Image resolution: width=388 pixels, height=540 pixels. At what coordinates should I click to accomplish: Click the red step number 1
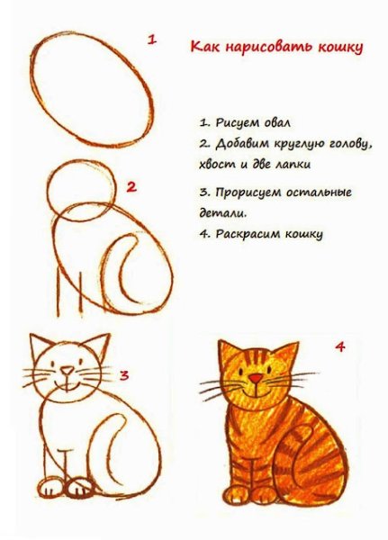coord(153,40)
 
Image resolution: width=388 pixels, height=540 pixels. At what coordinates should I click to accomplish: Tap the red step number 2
coord(131,187)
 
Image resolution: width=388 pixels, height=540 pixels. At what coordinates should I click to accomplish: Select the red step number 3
coord(125,374)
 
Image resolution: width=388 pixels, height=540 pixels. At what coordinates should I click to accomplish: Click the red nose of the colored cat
coord(257,378)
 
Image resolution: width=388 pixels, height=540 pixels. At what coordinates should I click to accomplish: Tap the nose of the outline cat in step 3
coord(68,369)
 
